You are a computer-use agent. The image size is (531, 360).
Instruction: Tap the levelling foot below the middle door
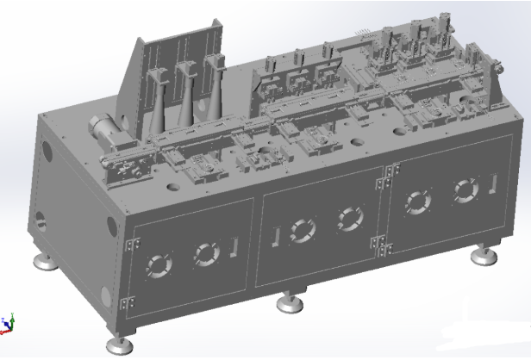[x=289, y=302]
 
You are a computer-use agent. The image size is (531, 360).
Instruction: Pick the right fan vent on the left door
[x=204, y=252]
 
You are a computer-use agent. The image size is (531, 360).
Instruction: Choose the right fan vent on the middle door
[x=348, y=219]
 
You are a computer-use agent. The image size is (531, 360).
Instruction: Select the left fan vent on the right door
[x=419, y=202]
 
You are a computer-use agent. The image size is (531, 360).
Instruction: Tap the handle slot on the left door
[x=235, y=247]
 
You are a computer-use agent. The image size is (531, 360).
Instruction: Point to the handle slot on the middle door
[x=276, y=235]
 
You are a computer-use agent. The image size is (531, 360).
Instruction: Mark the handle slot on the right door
[x=494, y=183]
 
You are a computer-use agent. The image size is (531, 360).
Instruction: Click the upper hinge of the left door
[x=129, y=245]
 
